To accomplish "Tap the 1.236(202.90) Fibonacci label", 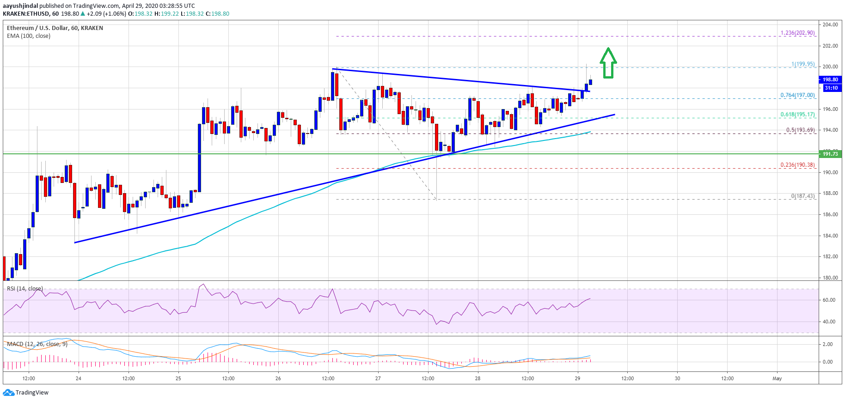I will tap(797, 33).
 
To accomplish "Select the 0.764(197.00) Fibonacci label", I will tap(797, 95).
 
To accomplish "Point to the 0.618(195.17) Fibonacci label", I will tap(797, 115).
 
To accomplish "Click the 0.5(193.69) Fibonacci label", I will tap(800, 130).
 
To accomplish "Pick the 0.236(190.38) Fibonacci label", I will tap(797, 165).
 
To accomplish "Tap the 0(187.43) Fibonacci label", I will tap(802, 196).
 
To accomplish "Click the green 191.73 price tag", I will tap(830, 154).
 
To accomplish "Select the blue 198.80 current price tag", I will tap(830, 79).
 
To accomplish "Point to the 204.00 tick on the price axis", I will tap(830, 24).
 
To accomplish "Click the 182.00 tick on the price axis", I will tap(830, 256).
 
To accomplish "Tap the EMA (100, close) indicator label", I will tap(29, 36).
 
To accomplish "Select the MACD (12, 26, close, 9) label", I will tap(37, 344).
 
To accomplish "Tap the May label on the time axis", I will tap(777, 378).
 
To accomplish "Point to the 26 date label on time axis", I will tap(278, 378).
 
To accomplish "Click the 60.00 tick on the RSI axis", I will tap(829, 300).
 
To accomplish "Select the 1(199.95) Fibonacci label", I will tap(803, 64).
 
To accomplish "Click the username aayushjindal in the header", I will tap(20, 6).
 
